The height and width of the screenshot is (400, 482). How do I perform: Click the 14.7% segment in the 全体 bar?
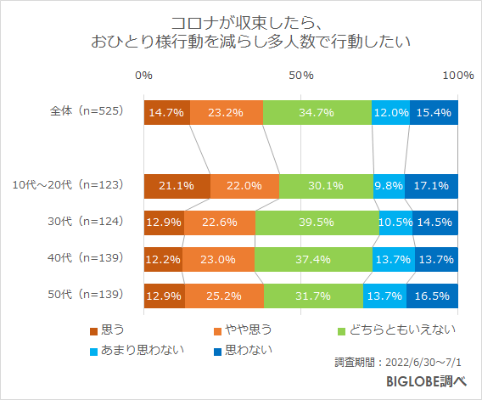166,112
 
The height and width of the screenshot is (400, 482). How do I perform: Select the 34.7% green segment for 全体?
317,112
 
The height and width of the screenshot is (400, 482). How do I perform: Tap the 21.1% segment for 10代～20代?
177,185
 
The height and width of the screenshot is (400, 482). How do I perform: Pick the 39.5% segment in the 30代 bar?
317,222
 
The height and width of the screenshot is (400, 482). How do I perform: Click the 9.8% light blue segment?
389,185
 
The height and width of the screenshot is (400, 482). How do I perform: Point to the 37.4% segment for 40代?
312,258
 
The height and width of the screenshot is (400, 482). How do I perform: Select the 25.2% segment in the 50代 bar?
224,296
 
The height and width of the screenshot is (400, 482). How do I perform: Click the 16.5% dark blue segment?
432,296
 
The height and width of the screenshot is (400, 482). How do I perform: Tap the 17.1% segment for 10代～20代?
431,185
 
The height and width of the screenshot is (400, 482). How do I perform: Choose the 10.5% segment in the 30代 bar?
395,222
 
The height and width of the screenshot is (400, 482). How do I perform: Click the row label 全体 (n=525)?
87,111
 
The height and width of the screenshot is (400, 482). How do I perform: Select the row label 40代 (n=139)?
87,257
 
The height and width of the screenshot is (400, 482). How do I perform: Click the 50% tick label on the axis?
300,76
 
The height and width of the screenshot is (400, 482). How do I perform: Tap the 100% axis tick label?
457,76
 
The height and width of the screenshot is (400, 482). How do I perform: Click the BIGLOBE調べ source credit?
425,381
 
